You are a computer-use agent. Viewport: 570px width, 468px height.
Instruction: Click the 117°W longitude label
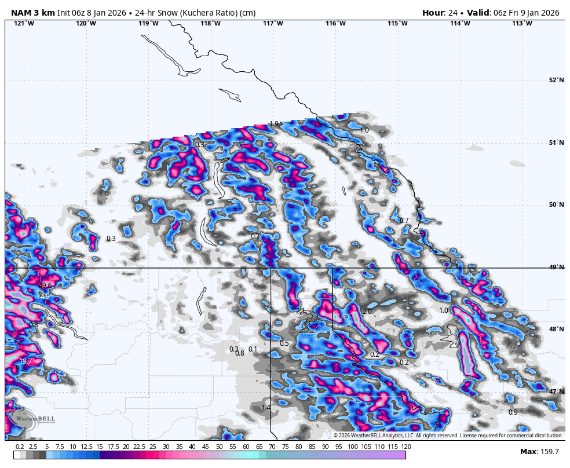pyautogui.click(x=273, y=23)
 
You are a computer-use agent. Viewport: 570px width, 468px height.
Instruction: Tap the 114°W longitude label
pyautogui.click(x=460, y=23)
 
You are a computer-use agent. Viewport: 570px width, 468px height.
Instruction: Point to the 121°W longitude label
pyautogui.click(x=24, y=23)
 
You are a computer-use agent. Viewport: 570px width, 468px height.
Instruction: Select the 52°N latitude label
pyautogui.click(x=556, y=80)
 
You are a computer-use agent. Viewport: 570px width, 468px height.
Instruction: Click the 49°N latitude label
pyautogui.click(x=556, y=267)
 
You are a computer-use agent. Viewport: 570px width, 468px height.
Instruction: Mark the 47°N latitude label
pyautogui.click(x=556, y=392)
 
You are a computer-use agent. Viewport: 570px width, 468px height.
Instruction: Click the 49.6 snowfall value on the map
pyautogui.click(x=45, y=285)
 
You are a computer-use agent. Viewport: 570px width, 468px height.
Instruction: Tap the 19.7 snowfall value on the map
pyautogui.click(x=25, y=361)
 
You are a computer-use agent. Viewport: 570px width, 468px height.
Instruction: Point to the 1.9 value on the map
pyautogui.click(x=274, y=124)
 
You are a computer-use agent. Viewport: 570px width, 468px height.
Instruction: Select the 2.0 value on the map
pyautogui.click(x=367, y=312)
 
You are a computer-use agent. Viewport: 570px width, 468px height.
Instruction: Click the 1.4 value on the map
pyautogui.click(x=266, y=408)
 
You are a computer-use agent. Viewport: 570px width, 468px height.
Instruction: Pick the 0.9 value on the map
pyautogui.click(x=513, y=412)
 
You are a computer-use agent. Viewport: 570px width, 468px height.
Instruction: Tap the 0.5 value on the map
pyautogui.click(x=284, y=343)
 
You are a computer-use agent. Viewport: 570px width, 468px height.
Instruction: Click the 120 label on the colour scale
pyautogui.click(x=405, y=447)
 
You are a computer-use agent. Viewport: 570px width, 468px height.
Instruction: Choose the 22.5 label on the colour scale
pyautogui.click(x=139, y=447)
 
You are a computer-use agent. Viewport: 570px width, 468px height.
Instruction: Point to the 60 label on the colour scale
pyautogui.click(x=246, y=447)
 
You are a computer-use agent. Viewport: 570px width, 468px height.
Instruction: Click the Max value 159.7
pyautogui.click(x=547, y=452)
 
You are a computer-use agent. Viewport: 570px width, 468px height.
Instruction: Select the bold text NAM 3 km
pyautogui.click(x=33, y=13)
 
